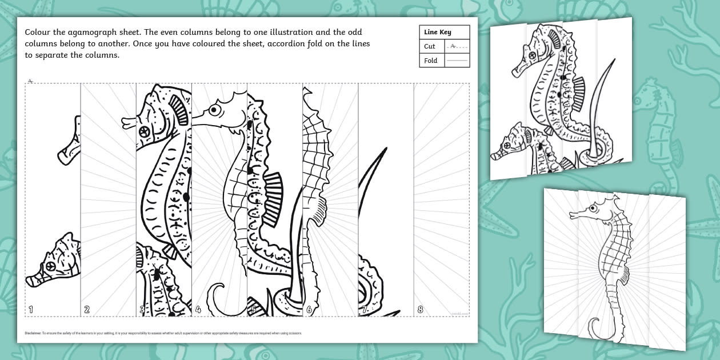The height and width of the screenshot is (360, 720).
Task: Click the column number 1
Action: tap(30, 310)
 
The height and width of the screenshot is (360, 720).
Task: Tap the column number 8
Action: tap(421, 310)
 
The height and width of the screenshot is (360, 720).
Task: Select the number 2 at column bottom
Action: tap(86, 310)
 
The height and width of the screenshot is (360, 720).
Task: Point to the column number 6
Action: tap(309, 310)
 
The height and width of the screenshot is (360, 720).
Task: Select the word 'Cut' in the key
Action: tap(430, 46)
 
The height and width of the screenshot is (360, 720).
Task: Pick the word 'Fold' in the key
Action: tap(431, 61)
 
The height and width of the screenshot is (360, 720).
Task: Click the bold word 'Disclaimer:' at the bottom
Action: tap(33, 333)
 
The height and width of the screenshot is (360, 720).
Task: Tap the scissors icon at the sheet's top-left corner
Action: tap(30, 81)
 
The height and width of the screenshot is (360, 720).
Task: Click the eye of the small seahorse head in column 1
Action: tap(51, 266)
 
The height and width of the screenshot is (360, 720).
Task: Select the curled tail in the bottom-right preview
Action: tap(596, 327)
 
